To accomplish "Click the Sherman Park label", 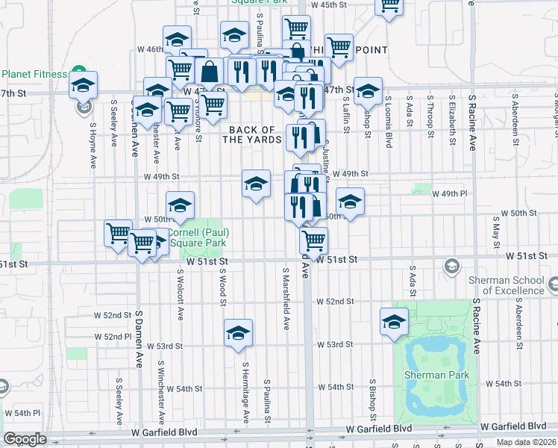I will [x=436, y=375].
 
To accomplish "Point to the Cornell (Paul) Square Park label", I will [x=199, y=237].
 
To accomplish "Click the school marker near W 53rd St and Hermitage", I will [x=237, y=332].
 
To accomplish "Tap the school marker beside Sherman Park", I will [x=393, y=321].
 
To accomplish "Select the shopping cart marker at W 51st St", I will [x=313, y=240].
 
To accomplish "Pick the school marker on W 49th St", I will [x=256, y=184].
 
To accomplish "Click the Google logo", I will [x=25, y=439].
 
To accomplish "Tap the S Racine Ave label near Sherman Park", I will [x=474, y=328].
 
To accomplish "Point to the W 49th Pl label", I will [x=449, y=193].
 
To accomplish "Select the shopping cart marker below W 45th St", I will [x=295, y=28].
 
